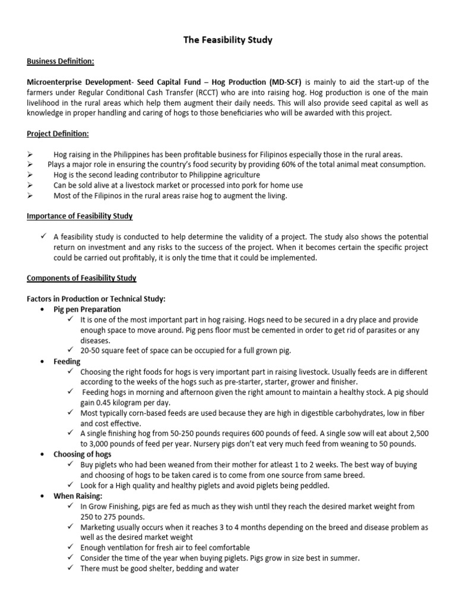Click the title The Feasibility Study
(227, 40)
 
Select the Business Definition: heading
(60, 61)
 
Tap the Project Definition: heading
(58, 134)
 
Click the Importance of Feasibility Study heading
(80, 216)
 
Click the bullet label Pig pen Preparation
(87, 309)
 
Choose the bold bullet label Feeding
(67, 361)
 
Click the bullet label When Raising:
(78, 496)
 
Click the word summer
(346, 558)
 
